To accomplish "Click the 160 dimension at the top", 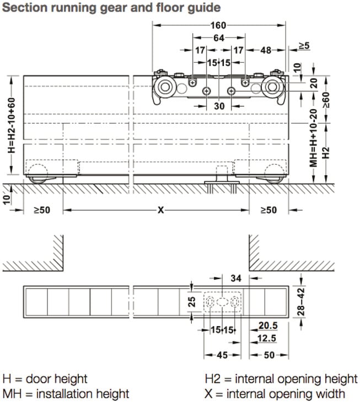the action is pos(218,25).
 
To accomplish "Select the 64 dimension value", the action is pos(219,38).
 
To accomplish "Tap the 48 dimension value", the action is pos(266,50).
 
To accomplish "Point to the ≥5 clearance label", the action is pos(304,46).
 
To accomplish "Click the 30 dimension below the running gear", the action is pos(219,106).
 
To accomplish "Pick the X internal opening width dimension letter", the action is pos(161,210).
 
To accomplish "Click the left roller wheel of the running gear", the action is pos(165,87).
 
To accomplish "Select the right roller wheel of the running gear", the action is pos(272,87).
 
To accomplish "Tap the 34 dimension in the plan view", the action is pos(236,278).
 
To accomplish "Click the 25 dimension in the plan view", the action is pos(192,302).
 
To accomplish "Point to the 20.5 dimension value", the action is pos(268,325).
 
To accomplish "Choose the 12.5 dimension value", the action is pos(267,338).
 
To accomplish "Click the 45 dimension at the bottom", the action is pos(222,355).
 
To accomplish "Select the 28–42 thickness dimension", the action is pos(300,302).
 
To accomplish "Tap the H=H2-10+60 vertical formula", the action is pos(12,126).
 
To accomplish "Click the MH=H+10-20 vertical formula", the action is pos(314,138).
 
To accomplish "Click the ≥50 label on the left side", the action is pos(42,210).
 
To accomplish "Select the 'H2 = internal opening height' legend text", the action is pos(281,379).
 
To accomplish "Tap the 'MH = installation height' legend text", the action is pos(66,394).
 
